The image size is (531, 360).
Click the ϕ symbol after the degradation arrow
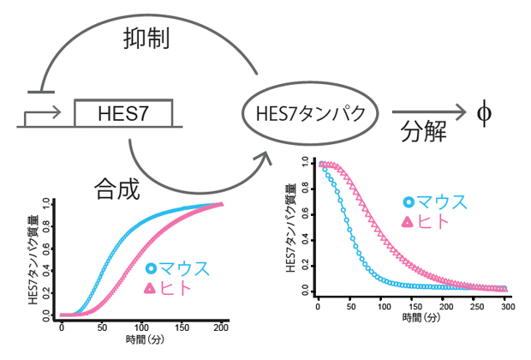[484, 112]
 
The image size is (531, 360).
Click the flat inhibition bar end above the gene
[41, 90]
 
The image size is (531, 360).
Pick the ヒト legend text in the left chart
[176, 289]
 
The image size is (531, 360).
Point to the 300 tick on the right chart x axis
[507, 306]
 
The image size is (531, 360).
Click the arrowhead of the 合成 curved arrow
[263, 152]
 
